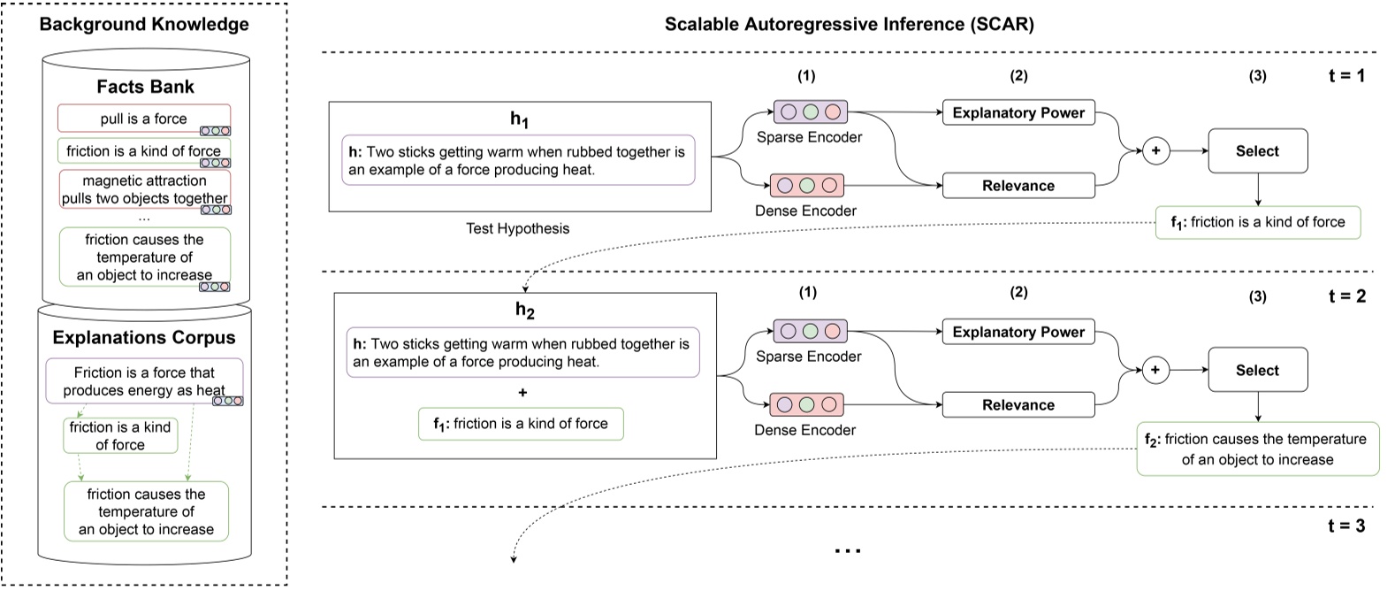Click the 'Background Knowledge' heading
144,24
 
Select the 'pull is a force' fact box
143,119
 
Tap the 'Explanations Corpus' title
144,337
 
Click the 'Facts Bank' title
145,87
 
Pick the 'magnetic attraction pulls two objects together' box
144,189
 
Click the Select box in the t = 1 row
1256,151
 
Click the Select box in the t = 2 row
1256,371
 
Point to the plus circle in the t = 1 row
1155,151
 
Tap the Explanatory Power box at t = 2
1018,332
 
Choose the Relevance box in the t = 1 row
1018,186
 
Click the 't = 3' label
1346,526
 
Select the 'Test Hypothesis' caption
518,228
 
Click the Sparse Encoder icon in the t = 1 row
810,112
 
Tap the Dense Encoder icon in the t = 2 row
806,404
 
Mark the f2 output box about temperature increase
1256,449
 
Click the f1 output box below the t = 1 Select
1257,222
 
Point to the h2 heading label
525,310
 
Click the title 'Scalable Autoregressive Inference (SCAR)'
849,24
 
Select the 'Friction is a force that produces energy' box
144,381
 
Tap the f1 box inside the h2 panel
520,424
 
